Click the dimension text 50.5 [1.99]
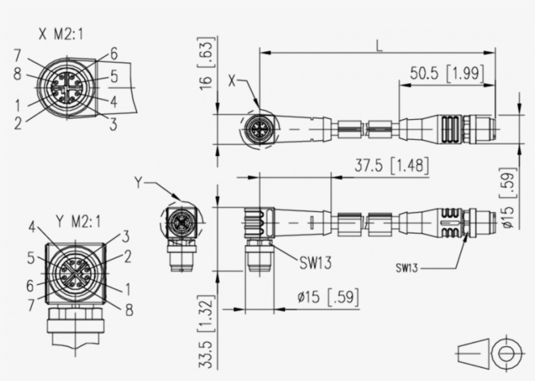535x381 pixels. click(447, 74)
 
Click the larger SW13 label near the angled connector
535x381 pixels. click(315, 263)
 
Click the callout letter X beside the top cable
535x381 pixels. click(232, 81)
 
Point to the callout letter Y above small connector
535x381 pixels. click(138, 182)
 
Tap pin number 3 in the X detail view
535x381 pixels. click(113, 124)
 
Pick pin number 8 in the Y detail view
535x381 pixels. click(129, 310)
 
